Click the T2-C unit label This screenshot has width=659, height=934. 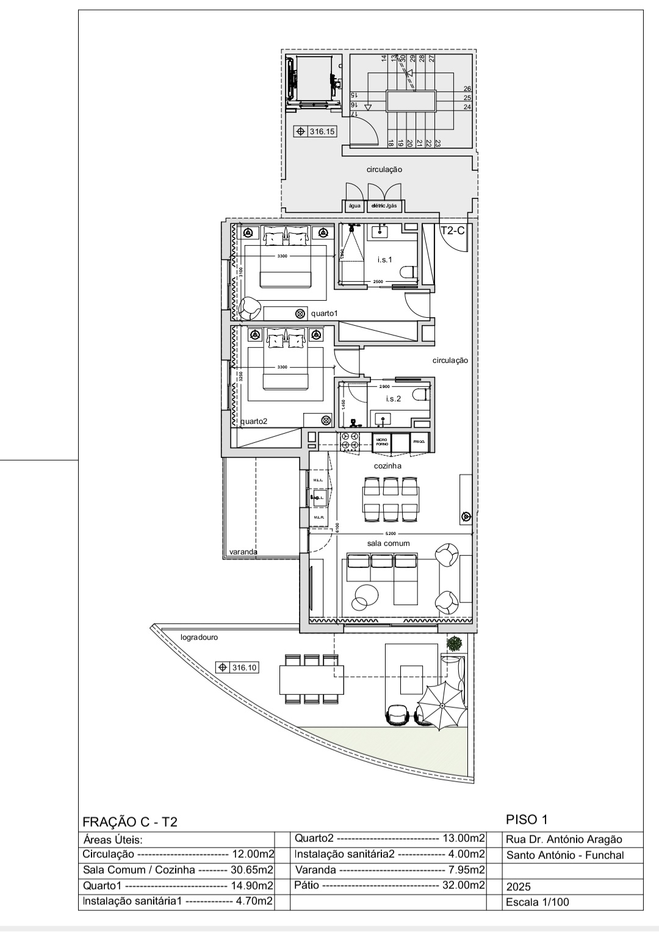pyautogui.click(x=453, y=230)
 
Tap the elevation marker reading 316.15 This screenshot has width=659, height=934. pyautogui.click(x=315, y=131)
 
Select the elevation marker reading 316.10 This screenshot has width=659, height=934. pyautogui.click(x=237, y=667)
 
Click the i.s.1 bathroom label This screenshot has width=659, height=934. pyautogui.click(x=384, y=260)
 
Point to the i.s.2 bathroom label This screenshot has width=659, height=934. pyautogui.click(x=393, y=399)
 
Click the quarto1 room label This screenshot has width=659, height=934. pyautogui.click(x=324, y=314)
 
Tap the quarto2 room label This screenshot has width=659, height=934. pyautogui.click(x=254, y=421)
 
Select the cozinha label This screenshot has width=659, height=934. pyautogui.click(x=387, y=465)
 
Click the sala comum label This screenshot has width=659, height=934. pyautogui.click(x=388, y=543)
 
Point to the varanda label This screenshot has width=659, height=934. pyautogui.click(x=243, y=552)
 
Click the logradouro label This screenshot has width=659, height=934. pyautogui.click(x=199, y=638)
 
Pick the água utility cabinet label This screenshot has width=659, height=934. pyautogui.click(x=355, y=206)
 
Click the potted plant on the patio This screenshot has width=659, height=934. pyautogui.click(x=454, y=643)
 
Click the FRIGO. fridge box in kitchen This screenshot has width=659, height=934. pyautogui.click(x=419, y=442)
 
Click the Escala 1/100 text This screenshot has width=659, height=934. pyautogui.click(x=538, y=902)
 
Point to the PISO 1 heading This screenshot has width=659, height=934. pyautogui.click(x=528, y=819)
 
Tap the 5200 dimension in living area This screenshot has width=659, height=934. pyautogui.click(x=391, y=534)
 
